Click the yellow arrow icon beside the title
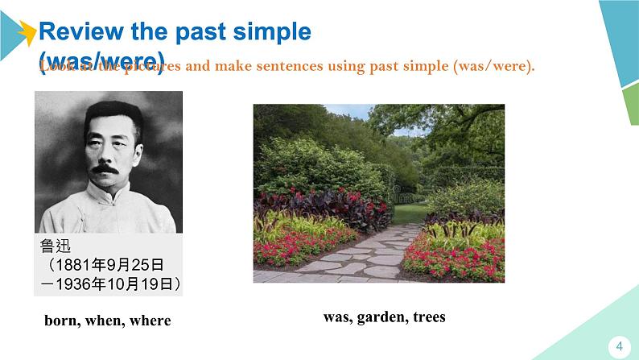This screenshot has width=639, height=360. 27,32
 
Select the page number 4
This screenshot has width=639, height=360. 619,346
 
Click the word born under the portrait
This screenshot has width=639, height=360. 63,321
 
